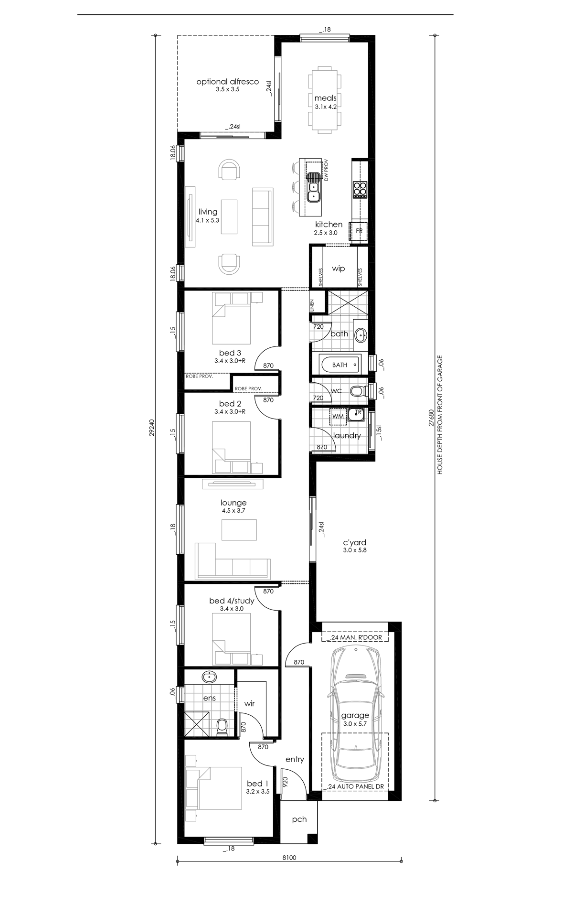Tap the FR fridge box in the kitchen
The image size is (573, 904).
pos(359,231)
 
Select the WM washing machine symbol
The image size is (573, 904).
pos(338,416)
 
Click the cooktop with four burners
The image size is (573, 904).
pos(360,189)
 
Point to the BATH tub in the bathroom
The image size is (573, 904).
pos(340,365)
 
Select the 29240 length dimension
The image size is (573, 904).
pos(152,428)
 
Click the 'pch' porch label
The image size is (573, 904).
pos(299,819)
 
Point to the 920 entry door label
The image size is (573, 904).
pos(285,782)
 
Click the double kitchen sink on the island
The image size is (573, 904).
pos(313,187)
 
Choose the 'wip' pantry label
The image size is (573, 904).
pos(339,269)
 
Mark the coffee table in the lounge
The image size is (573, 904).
pos(239,529)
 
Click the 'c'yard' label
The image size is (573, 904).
pos(355,542)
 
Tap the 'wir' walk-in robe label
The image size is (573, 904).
pos(249,703)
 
